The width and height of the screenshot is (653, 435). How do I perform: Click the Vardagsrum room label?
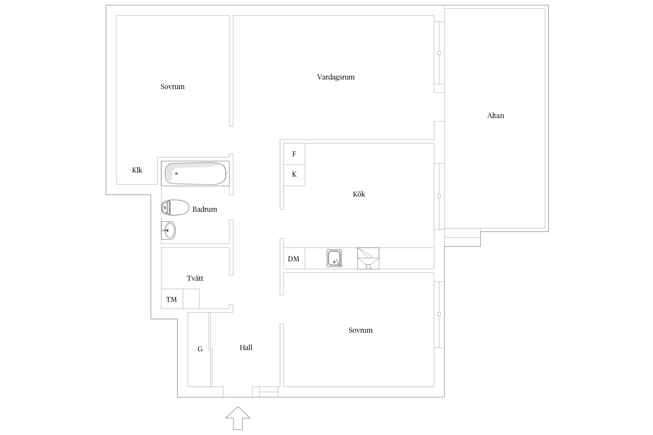coord(336,77)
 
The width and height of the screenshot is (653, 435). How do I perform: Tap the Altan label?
coord(495,116)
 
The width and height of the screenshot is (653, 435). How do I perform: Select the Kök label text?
coord(359,194)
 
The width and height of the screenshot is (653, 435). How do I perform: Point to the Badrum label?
coord(205,209)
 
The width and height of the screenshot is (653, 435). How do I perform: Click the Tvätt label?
coord(195,278)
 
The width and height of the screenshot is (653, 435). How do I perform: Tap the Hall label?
coord(246,348)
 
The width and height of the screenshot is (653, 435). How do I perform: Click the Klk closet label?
coord(137,170)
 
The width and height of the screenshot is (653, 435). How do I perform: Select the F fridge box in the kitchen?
coord(294,154)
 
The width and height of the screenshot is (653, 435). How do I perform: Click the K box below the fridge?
coord(294,175)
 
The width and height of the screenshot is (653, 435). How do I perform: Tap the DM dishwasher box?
coord(294,258)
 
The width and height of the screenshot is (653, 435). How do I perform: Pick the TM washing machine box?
coord(172,299)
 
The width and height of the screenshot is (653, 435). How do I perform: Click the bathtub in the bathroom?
coord(195,173)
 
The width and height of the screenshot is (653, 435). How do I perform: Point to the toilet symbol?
coord(175,207)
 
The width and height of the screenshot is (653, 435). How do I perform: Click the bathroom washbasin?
coord(168,231)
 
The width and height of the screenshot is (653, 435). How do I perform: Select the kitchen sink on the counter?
coord(334,258)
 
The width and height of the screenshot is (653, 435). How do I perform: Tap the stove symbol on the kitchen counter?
coord(368,258)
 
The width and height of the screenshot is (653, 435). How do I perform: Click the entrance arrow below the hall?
coord(238,418)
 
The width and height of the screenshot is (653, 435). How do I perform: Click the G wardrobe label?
coord(200,349)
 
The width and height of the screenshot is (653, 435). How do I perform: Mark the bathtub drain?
coord(176,173)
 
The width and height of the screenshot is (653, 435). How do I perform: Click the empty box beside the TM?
coord(191,299)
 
